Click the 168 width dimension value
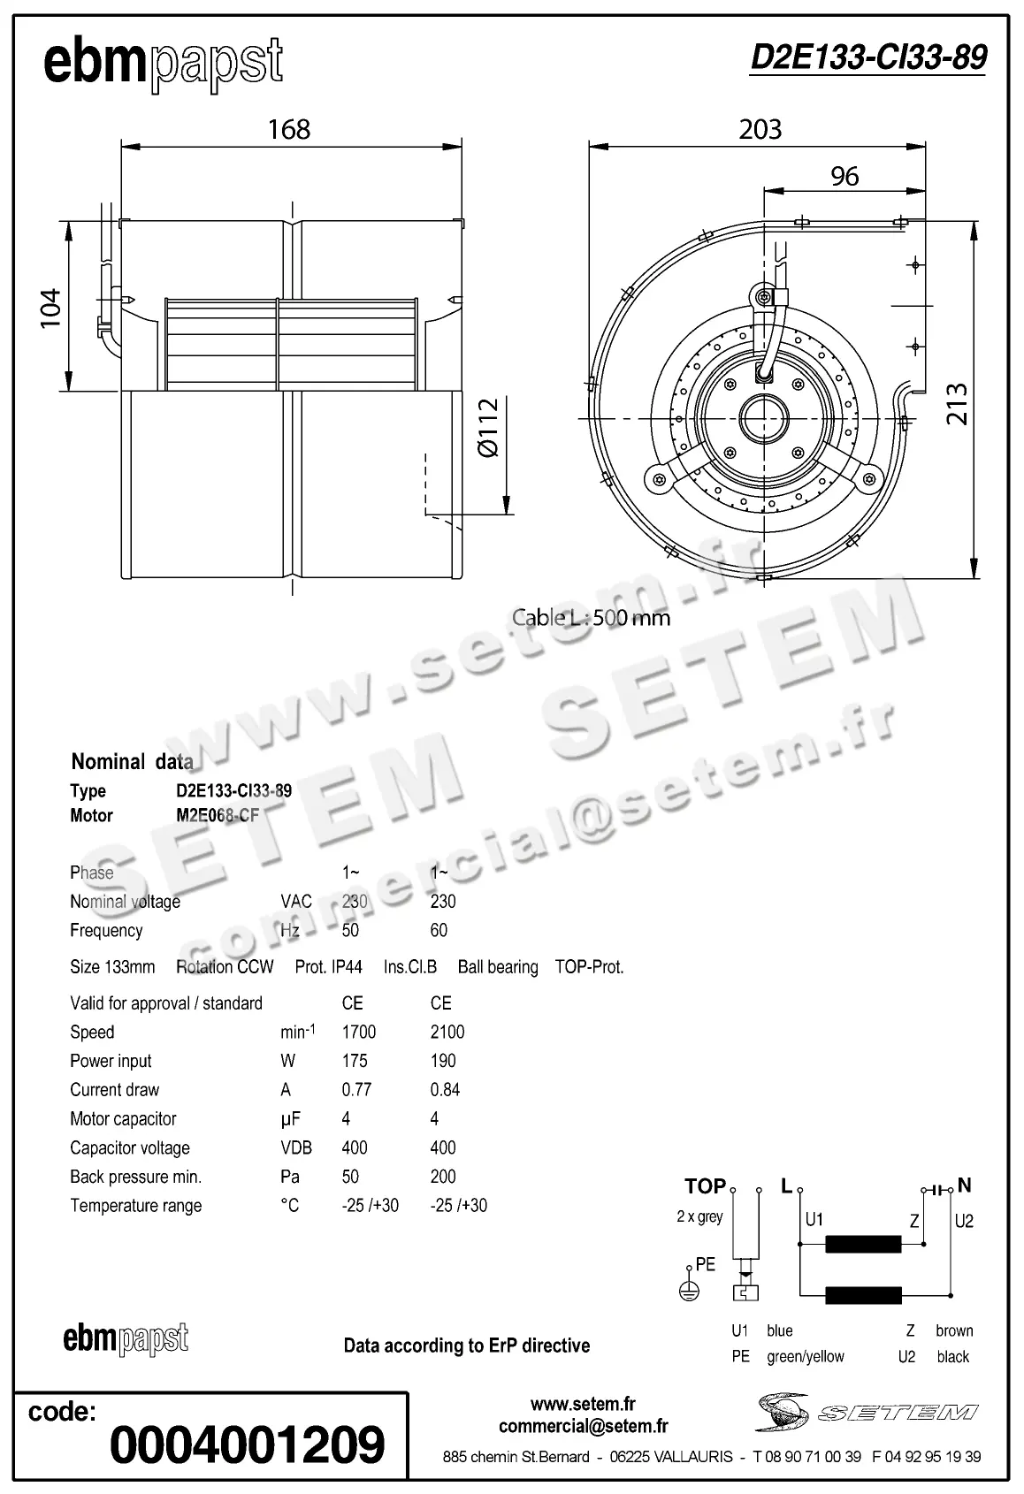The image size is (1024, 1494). point(289,130)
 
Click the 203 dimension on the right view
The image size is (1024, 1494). point(760,130)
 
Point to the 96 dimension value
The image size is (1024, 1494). point(844,177)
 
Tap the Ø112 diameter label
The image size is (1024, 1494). point(489,428)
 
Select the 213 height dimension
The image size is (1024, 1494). point(957,404)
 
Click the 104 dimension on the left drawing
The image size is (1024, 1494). point(50,308)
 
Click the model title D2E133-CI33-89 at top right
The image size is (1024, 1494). point(867,57)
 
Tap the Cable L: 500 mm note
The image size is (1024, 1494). point(591,618)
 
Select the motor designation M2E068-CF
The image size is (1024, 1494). point(218,815)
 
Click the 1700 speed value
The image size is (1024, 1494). point(359,1032)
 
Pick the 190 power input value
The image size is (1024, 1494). point(443,1061)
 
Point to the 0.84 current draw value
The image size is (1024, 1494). point(445,1090)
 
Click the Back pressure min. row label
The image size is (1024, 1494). point(135,1177)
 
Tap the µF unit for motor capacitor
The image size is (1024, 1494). point(290,1119)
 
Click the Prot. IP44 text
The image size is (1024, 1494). point(328,967)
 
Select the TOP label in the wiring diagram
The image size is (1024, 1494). point(705,1186)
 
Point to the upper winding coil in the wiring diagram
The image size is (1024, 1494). point(863,1246)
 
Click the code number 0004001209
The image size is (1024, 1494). point(247,1444)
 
